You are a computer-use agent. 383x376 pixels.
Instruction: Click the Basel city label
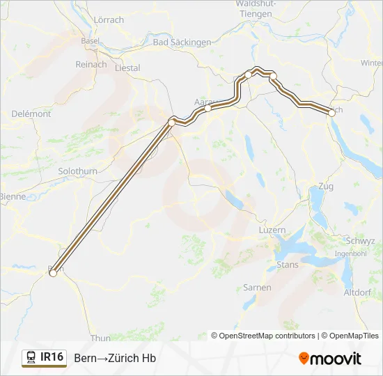[x=90, y=41]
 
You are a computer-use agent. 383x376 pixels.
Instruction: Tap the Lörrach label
[x=108, y=19]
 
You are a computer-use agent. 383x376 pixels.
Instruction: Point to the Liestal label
[x=126, y=68]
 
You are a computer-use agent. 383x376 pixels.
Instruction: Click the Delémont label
[x=31, y=113]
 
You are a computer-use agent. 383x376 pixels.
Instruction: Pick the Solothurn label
[x=77, y=171]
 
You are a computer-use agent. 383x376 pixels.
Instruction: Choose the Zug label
[x=325, y=187]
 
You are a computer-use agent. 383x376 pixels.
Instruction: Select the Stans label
[x=288, y=265]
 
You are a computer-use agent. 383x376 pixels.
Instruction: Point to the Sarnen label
[x=256, y=287]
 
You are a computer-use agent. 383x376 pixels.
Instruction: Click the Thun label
[x=100, y=338]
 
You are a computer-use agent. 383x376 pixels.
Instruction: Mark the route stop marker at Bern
[x=52, y=274]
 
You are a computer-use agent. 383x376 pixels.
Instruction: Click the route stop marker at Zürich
[x=330, y=111]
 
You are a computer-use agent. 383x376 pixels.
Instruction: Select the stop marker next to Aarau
[x=208, y=108]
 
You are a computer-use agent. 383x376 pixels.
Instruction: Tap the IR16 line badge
[x=45, y=357]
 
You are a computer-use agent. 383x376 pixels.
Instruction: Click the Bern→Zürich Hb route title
[x=115, y=358]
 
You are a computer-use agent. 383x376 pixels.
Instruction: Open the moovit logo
[x=330, y=358]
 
